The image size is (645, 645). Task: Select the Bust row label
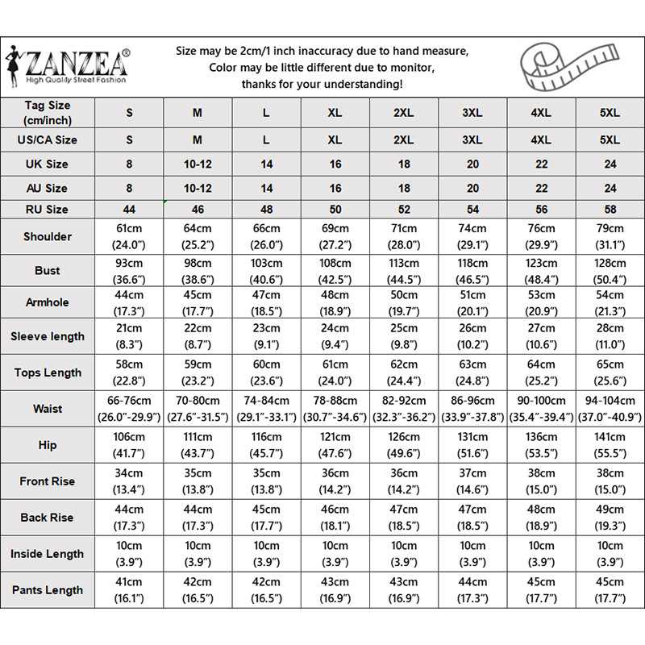(48, 270)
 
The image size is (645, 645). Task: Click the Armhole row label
(48, 302)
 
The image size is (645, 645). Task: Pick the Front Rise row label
(48, 481)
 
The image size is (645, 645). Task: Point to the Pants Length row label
(48, 590)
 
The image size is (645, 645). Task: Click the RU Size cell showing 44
(129, 210)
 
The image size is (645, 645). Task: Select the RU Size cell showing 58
(610, 210)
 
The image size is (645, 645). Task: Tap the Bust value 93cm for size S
(129, 264)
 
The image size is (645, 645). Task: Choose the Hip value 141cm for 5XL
(610, 438)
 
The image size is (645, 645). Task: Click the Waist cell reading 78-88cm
(335, 401)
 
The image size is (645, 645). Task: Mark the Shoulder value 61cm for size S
(129, 228)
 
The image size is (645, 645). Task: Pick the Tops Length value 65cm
(610, 364)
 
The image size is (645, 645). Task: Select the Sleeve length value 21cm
(129, 329)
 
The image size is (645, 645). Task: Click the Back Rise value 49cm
(610, 510)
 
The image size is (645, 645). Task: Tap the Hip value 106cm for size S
(129, 438)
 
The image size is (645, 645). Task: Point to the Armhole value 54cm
(610, 296)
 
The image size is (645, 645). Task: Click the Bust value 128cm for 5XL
(610, 264)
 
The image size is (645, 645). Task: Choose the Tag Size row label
(48, 113)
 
